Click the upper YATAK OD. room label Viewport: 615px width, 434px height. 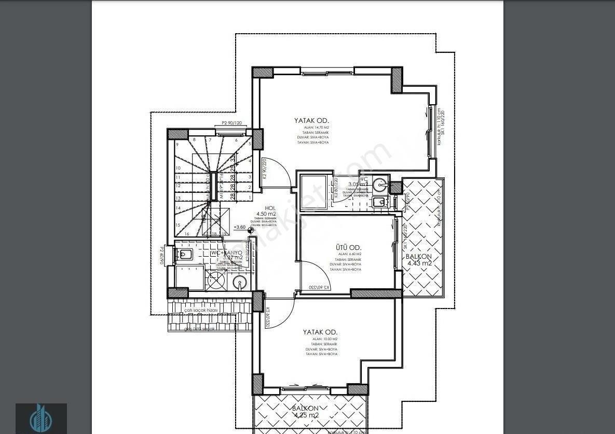click(x=312, y=120)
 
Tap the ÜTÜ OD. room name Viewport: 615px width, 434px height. click(x=348, y=248)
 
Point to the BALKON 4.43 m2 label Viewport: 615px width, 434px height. click(x=419, y=259)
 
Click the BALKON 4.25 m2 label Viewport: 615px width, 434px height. click(x=305, y=412)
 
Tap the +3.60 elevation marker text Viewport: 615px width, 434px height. click(x=240, y=227)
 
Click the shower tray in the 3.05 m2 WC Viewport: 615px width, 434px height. click(x=313, y=191)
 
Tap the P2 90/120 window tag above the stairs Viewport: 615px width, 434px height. click(x=231, y=123)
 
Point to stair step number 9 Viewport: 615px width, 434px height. click(x=177, y=145)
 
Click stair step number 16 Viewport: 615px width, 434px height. click(x=186, y=234)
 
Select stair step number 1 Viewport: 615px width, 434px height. click(x=250, y=198)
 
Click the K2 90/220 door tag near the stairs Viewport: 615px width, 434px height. click(x=264, y=169)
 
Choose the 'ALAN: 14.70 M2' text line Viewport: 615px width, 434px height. click(x=312, y=128)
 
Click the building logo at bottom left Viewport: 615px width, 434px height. click(x=41, y=418)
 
